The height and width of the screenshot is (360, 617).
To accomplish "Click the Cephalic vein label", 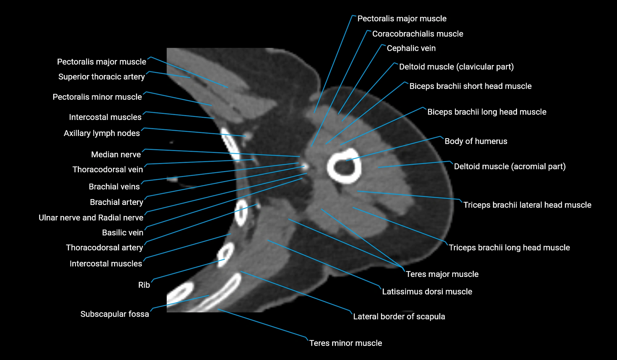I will click(411, 48).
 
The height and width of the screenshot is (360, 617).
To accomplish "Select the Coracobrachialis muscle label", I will click(417, 34).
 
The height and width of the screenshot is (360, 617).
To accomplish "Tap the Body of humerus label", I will click(475, 141).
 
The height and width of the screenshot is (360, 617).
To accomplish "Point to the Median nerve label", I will click(116, 154).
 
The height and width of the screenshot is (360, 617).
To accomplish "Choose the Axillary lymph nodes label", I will click(102, 133).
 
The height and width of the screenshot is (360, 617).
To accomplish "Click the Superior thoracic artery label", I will click(101, 77).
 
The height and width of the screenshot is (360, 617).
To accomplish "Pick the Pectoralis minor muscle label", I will click(97, 97).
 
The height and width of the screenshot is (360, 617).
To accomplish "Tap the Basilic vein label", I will click(122, 233).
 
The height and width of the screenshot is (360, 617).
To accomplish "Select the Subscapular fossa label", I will click(114, 314).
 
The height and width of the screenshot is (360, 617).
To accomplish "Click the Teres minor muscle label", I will click(345, 343).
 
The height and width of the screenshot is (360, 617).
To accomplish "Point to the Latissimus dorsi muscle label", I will click(427, 292).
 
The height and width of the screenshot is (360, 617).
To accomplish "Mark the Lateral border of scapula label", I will click(399, 317).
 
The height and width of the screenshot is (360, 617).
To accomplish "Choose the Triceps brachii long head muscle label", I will click(509, 248).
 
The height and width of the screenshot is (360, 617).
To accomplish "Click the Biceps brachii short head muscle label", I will click(470, 86).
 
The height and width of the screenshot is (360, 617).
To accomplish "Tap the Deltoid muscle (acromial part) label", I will click(510, 166).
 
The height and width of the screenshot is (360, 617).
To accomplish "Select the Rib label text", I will click(144, 285).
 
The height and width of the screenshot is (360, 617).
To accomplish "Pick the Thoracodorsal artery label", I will click(104, 248).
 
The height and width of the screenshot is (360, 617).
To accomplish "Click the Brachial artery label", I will click(116, 202).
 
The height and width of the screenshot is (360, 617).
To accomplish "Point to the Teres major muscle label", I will click(442, 274).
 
